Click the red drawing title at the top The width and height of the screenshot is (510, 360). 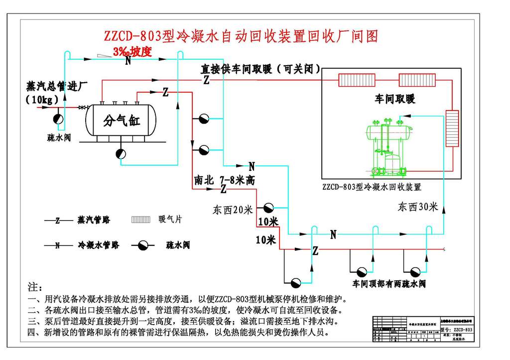tap(241, 36)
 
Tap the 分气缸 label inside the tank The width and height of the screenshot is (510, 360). tap(121, 120)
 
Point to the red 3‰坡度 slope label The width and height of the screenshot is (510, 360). tap(131, 52)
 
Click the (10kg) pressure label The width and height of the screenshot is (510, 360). tap(42, 99)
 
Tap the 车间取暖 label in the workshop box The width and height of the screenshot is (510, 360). tap(394, 99)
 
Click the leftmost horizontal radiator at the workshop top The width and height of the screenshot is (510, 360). tap(356, 80)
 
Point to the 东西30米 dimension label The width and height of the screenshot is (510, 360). tap(417, 207)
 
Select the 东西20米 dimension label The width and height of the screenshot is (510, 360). tap(233, 210)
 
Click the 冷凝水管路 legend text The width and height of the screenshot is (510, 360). tap(98, 245)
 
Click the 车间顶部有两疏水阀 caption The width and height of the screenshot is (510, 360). tap(389, 284)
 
